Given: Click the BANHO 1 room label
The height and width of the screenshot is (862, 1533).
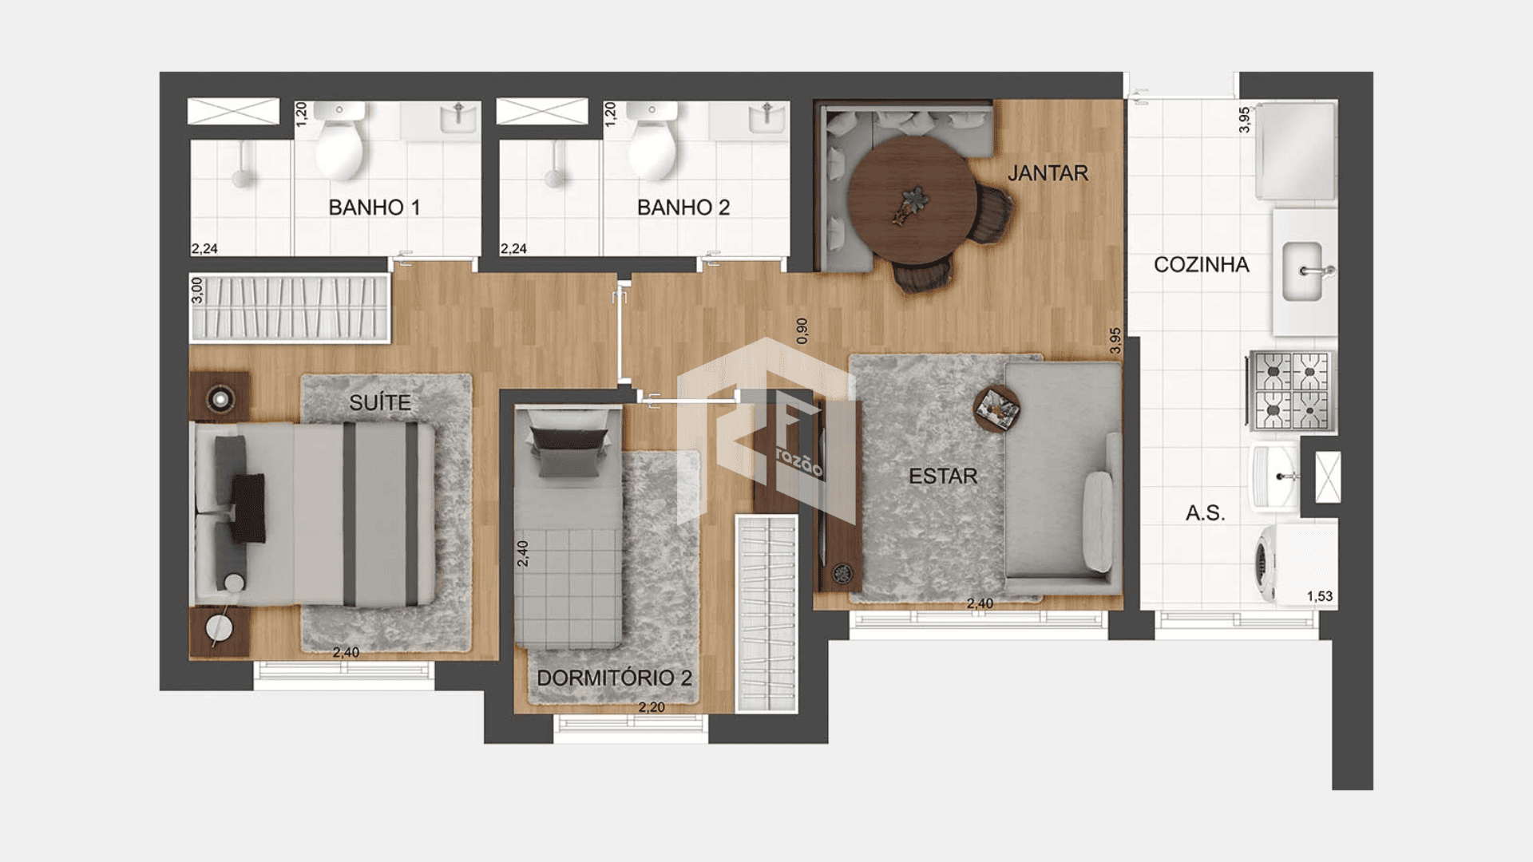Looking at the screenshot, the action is [x=374, y=208].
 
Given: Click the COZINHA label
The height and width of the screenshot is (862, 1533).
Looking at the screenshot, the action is [x=1201, y=265].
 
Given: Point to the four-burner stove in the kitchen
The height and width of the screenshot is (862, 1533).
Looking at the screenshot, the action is [x=1292, y=391].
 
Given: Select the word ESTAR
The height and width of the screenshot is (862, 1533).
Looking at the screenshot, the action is [x=943, y=476].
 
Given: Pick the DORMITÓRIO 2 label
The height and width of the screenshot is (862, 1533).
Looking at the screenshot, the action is [x=614, y=678].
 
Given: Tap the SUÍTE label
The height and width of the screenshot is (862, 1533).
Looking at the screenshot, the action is [x=380, y=402].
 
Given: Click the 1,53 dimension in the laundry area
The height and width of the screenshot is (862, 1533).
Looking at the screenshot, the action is [x=1320, y=596].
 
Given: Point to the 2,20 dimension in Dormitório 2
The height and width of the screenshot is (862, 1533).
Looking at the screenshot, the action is [x=652, y=707].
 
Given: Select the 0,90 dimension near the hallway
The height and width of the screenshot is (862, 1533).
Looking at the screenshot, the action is [x=802, y=331].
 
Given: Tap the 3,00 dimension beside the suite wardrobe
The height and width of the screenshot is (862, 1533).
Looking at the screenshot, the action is [x=197, y=290].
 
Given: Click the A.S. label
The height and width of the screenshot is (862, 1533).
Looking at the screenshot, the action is [x=1205, y=513].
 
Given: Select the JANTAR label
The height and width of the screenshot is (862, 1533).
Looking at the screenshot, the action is [x=1048, y=173].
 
